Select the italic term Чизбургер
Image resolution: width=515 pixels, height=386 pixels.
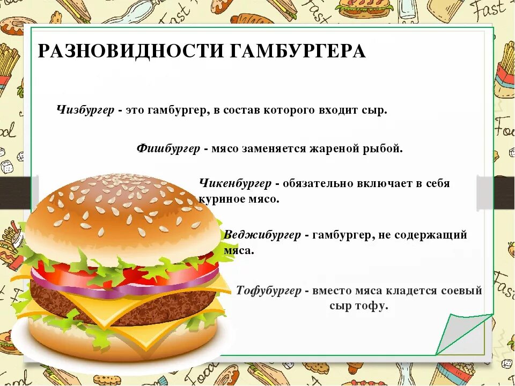point(85,110)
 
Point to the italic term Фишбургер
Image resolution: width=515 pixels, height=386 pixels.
point(168,148)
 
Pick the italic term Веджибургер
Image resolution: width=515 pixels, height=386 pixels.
point(262,235)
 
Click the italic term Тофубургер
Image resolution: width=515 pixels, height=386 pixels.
point(269,291)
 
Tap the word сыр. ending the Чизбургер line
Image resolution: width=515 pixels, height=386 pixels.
point(375,110)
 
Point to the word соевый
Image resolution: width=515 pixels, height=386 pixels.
point(462,291)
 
